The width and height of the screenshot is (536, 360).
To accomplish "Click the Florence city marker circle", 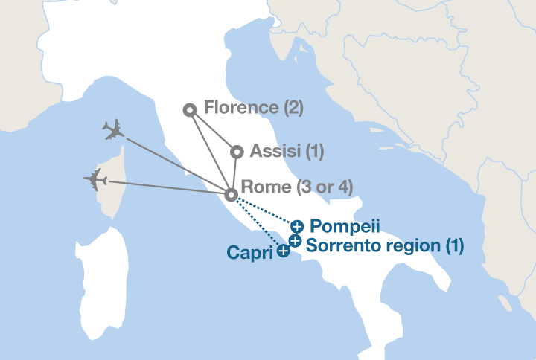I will pos(190,110).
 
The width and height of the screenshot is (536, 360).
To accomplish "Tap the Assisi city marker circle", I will pos(237,152).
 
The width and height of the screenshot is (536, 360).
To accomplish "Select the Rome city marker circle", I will pos(232,195).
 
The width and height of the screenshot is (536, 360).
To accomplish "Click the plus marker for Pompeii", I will pos(297,225).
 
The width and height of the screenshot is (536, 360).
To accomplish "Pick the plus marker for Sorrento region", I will pos(295,241).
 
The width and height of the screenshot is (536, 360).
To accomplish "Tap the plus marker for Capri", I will pos(283,251).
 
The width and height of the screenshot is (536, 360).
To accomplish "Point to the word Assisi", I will pos(275,152).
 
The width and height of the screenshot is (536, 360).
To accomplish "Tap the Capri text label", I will pos(249,253).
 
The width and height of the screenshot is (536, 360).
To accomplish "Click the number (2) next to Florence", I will pos(293,108).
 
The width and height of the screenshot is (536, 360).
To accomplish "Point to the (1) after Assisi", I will pos(314,152).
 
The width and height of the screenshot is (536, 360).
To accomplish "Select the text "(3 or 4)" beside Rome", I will pos(323,187).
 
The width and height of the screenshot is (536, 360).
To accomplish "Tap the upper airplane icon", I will pos(113,131).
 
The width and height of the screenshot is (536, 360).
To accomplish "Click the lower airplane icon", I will pos(95,179).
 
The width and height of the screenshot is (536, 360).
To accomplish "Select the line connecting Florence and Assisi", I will pos(213,131).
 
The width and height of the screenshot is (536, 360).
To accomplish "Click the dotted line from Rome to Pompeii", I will pos(264,210).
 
